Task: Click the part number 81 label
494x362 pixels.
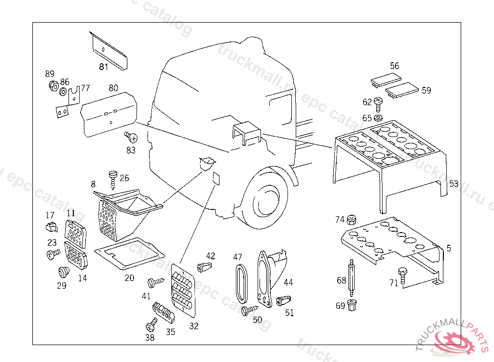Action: tap(104, 67)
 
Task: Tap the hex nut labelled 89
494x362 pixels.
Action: tap(54, 86)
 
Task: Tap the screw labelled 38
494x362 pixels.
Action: tap(152, 323)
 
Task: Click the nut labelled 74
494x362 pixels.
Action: tap(352, 220)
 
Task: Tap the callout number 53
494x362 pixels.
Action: tap(454, 184)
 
